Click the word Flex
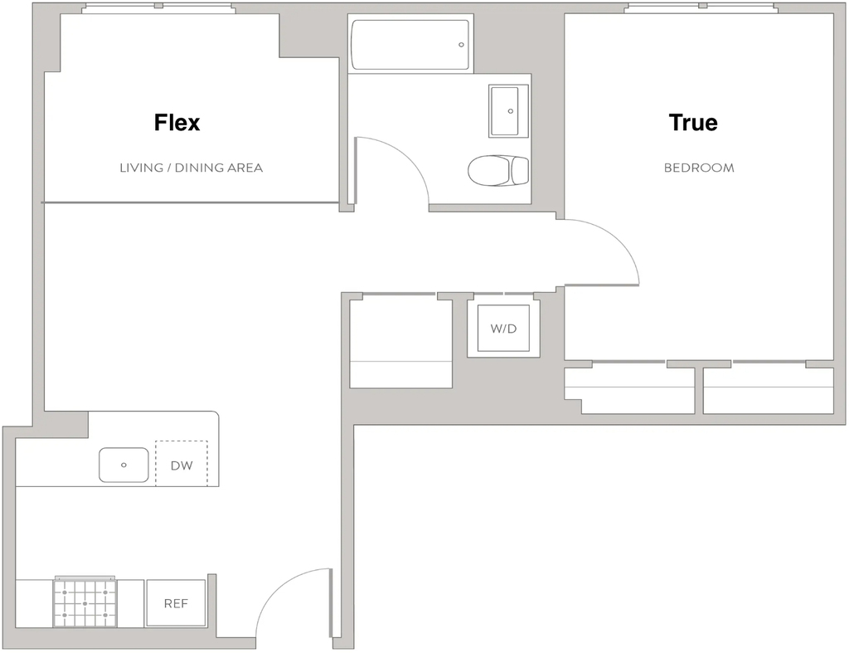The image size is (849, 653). [177, 123]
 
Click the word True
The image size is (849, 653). [693, 123]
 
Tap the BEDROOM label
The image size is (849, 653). [699, 168]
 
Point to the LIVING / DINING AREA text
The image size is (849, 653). [192, 168]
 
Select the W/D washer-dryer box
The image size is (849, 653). [503, 328]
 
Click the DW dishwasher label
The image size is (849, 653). [182, 465]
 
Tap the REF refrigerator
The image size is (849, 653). [176, 603]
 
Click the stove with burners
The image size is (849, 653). [85, 602]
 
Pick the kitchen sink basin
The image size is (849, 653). [124, 465]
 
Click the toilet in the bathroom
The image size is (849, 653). [498, 170]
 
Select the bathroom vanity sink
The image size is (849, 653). [508, 111]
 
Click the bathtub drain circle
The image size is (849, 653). [461, 45]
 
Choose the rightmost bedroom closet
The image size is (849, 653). [769, 391]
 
